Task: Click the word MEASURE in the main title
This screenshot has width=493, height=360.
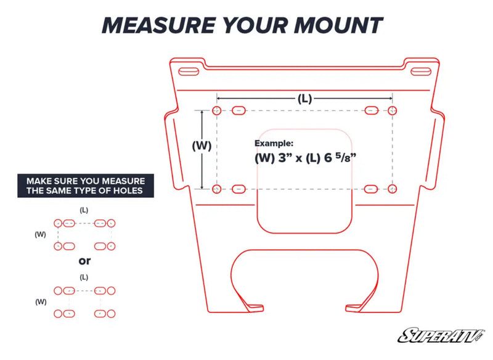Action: (158, 25)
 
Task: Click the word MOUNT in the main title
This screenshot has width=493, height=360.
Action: (338, 25)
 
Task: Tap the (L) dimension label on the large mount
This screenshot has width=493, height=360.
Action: (304, 99)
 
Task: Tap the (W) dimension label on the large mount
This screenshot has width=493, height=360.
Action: (202, 145)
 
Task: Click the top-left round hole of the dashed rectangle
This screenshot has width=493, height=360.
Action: (217, 110)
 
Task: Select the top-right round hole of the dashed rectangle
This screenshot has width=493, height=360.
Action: (392, 110)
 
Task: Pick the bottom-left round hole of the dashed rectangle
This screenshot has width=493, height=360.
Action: (216, 189)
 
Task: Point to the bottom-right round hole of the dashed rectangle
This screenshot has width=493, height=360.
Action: (392, 189)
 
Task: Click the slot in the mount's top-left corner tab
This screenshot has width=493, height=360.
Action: (189, 72)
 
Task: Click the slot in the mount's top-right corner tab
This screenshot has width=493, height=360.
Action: (421, 72)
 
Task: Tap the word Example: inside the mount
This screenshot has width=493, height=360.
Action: (274, 144)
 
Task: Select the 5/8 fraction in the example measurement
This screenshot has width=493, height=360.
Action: (346, 157)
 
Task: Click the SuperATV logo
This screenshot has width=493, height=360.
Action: (441, 335)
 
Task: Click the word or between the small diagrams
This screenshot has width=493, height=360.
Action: (84, 261)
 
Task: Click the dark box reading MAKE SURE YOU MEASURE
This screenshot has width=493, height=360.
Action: (86, 186)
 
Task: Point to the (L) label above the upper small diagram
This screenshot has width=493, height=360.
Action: (84, 210)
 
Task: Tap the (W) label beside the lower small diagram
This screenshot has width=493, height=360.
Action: (41, 302)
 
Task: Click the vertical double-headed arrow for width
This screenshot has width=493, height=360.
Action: (202, 150)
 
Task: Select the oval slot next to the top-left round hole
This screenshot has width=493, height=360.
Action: (238, 110)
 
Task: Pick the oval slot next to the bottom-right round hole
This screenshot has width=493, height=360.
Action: (371, 189)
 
